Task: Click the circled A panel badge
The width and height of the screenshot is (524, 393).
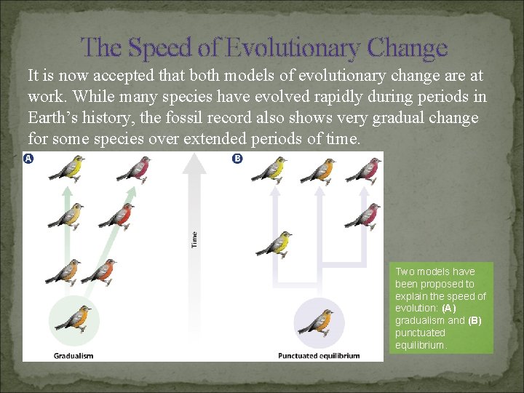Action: [x=28, y=159]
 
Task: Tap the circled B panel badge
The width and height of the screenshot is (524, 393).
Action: [x=237, y=159]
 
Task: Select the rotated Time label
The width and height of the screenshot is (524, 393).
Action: [x=194, y=239]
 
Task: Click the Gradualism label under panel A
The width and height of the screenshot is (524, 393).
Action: [x=74, y=356]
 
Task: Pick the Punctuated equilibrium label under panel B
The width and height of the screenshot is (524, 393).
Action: [x=319, y=356]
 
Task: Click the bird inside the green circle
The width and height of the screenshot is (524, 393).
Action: [x=73, y=318]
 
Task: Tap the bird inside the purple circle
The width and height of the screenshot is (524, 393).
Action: [x=317, y=319]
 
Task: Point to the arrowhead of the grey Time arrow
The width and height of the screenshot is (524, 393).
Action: [x=194, y=164]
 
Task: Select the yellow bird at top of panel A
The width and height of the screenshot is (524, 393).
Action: [x=65, y=169]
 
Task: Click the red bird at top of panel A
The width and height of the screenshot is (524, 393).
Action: [x=133, y=169]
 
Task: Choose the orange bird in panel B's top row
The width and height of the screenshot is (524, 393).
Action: [x=318, y=170]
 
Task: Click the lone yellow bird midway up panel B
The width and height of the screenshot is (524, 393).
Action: [x=275, y=243]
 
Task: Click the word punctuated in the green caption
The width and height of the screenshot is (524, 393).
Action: [x=420, y=333]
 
